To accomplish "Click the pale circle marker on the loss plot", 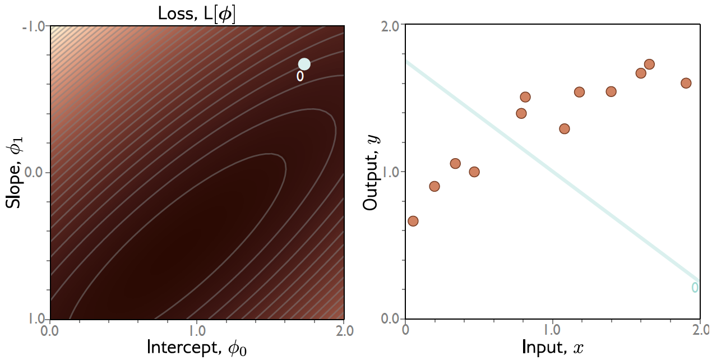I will [x=304, y=64].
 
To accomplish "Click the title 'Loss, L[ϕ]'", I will [x=197, y=13].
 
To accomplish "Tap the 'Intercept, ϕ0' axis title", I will [x=197, y=347].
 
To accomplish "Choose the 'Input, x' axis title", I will [x=553, y=347].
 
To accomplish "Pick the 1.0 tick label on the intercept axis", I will [x=197, y=330].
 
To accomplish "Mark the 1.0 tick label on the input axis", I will [x=553, y=330].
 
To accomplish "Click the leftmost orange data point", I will [x=413, y=221].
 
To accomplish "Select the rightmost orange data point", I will [x=686, y=83].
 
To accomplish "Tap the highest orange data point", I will [x=649, y=64].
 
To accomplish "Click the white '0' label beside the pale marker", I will [x=300, y=77].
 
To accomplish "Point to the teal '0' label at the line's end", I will [x=695, y=288].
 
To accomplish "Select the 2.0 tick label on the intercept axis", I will [x=343, y=330].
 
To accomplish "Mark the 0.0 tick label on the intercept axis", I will [x=51, y=330].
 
